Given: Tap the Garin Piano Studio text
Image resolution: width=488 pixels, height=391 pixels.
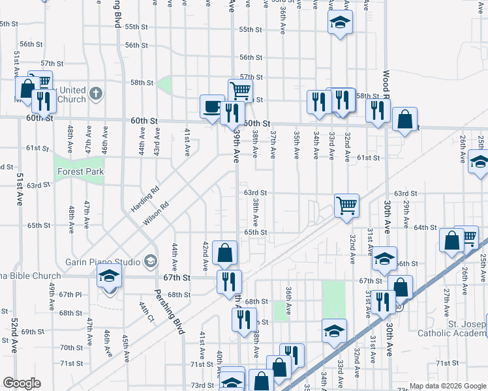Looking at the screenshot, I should [x=102, y=262].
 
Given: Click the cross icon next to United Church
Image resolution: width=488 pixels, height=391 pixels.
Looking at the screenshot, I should [x=95, y=93].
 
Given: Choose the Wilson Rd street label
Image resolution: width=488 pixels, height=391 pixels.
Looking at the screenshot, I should [x=157, y=213].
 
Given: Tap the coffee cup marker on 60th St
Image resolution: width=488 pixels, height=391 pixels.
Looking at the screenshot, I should [x=211, y=107].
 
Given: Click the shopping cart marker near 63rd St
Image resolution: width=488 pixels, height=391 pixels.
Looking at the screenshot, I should [x=346, y=205].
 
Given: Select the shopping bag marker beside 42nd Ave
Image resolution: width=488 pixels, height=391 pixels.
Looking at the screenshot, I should [x=224, y=253].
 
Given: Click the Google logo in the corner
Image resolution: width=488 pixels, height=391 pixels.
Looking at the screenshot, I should [x=22, y=383].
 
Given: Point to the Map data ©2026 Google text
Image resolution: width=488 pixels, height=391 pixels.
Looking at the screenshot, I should [x=448, y=386].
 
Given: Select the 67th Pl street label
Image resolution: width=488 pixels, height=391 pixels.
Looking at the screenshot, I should [x=69, y=295].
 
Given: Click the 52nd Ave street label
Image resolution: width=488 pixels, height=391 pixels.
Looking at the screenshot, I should [x=12, y=335].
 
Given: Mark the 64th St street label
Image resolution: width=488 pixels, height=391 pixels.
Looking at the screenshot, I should [x=425, y=227].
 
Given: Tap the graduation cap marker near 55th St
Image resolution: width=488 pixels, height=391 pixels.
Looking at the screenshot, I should [x=339, y=23].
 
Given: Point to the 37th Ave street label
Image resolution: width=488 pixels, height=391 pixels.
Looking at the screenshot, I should [x=273, y=144].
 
